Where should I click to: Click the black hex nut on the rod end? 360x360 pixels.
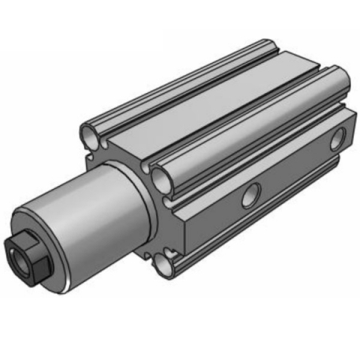click(x=25, y=256)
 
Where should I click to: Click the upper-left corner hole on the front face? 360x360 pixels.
click(x=89, y=135)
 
